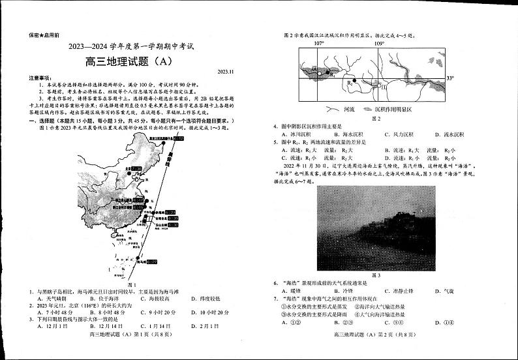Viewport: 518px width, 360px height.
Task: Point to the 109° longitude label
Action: pos(379,43)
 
